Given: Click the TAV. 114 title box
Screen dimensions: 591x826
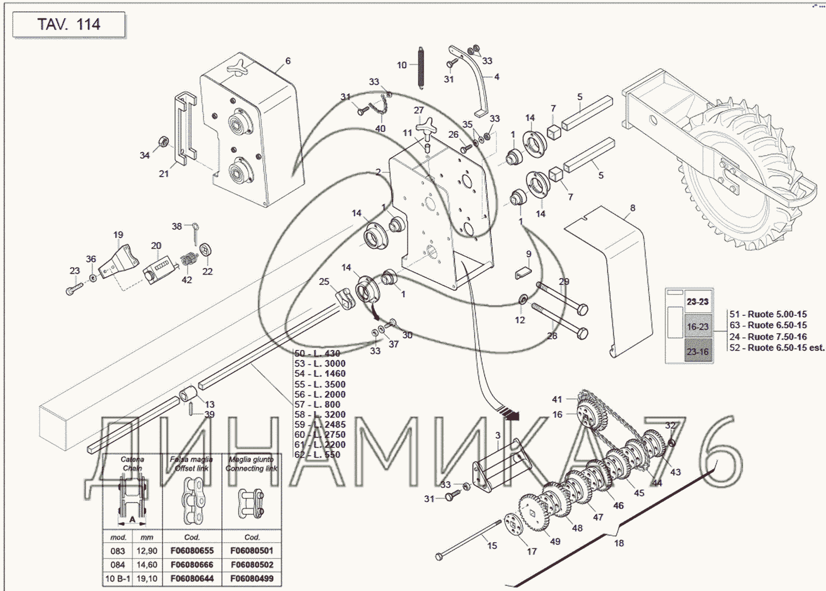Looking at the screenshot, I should coord(69,24).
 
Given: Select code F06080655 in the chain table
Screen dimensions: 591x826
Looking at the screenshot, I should coord(192,550).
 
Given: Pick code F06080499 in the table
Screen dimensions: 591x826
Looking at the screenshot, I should coord(252,578).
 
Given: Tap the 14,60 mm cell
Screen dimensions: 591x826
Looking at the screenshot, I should coord(146,565).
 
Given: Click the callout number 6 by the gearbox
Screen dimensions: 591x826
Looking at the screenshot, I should coord(288,61).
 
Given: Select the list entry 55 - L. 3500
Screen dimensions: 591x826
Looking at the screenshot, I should coord(320,384).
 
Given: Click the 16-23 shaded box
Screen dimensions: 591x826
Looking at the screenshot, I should coord(698,327).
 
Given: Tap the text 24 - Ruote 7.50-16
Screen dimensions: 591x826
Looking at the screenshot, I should coord(768,336).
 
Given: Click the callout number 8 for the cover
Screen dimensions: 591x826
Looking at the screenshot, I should coord(632,208).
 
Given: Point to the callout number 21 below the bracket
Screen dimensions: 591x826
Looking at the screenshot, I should coord(164,173).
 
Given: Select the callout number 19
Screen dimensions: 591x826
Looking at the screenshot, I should coord(118,234).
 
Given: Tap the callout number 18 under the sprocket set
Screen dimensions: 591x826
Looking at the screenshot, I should coord(618,543).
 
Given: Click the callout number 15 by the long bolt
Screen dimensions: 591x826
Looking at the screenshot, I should coord(492,545).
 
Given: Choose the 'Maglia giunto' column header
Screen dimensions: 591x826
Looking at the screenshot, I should coord(251,463).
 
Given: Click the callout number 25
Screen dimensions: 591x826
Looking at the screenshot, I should coord(324,281).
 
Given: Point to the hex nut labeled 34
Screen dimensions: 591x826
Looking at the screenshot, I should coord(164,141).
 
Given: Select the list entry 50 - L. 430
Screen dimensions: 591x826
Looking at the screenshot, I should coord(317,353).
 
